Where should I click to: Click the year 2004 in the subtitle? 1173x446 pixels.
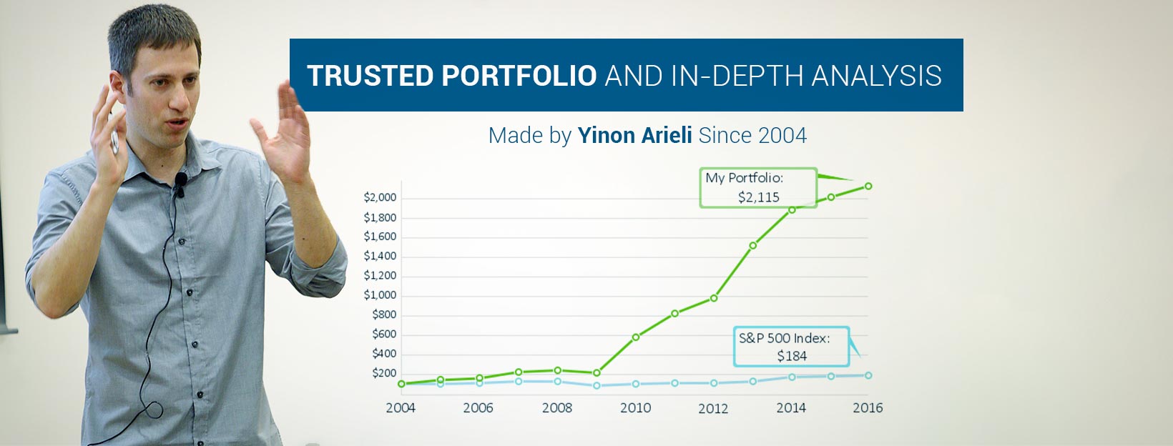782,135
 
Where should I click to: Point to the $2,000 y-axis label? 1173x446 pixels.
380,198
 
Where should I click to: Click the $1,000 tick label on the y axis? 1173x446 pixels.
380,295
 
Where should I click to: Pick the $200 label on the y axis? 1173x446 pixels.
384,373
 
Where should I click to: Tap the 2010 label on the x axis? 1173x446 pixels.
635,407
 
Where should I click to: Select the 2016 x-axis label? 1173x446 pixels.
868,407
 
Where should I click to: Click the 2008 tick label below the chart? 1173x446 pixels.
556,407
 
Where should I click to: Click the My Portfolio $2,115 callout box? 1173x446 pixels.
758,188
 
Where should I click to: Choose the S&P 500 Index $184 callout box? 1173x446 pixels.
791,347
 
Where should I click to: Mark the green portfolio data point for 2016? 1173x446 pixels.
868,186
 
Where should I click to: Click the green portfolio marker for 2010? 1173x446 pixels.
636,337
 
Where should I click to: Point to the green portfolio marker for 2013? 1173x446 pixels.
753,245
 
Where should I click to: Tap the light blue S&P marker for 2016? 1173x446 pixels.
868,375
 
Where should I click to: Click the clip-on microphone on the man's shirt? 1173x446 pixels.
181,181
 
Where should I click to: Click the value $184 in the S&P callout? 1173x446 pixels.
792,356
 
